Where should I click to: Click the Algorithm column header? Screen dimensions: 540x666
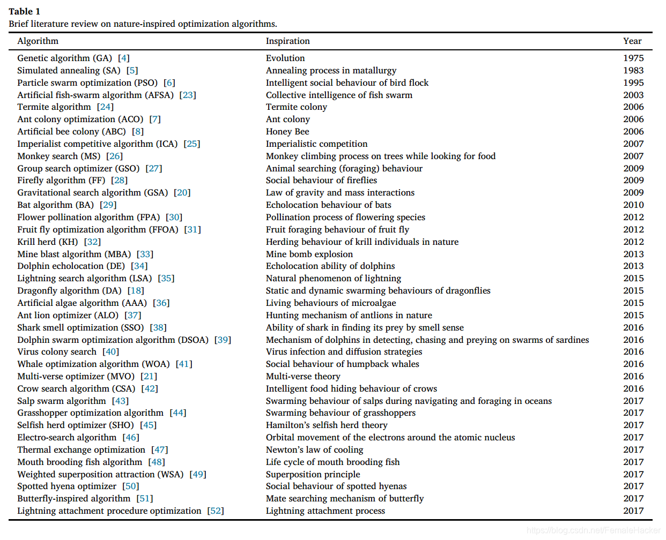click(38, 41)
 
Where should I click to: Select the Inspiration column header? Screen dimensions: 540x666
click(287, 41)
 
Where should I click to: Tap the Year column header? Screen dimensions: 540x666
click(632, 41)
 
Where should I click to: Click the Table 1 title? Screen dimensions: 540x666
click(24, 11)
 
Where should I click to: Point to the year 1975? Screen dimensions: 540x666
click(633, 58)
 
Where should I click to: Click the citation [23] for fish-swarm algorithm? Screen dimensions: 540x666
click(188, 95)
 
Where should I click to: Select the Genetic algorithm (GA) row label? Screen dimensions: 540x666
click(64, 58)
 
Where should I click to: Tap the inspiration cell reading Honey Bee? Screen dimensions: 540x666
click(287, 132)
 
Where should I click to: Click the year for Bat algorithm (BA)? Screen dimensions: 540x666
click(633, 205)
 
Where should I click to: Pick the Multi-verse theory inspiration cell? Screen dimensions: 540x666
click(303, 377)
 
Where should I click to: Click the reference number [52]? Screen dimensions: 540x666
click(216, 511)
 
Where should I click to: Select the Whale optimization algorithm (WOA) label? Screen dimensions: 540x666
click(93, 364)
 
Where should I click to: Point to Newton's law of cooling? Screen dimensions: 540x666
click(314, 450)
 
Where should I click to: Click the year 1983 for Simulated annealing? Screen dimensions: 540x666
click(633, 71)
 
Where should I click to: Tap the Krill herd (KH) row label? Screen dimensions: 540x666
click(47, 242)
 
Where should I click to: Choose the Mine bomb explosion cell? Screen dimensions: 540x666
click(309, 254)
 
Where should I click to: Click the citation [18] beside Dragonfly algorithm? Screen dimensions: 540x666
click(136, 291)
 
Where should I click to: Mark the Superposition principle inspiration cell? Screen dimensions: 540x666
click(313, 475)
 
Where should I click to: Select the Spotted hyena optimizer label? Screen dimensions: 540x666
click(66, 486)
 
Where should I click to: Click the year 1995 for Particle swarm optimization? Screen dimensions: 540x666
click(633, 83)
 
